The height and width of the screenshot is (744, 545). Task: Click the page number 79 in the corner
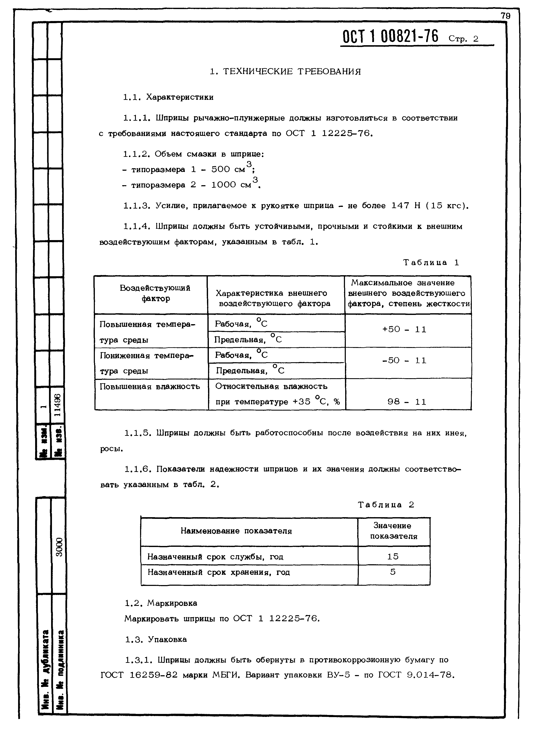(505, 16)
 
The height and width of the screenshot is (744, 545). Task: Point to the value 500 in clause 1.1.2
(220, 169)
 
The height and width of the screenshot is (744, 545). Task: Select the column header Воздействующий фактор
(155, 293)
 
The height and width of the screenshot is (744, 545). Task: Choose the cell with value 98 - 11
(407, 402)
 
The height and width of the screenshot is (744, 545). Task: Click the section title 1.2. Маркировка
(161, 603)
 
